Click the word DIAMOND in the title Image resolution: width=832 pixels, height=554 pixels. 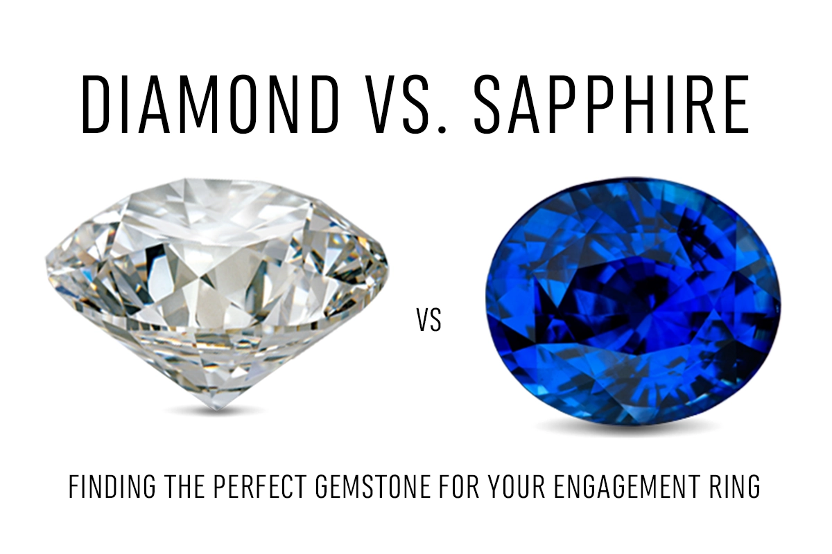[x=210, y=104]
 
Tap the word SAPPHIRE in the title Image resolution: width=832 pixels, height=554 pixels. [x=612, y=104]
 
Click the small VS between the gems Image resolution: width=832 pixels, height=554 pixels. [x=429, y=321]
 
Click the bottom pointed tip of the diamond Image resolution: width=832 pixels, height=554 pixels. [x=216, y=410]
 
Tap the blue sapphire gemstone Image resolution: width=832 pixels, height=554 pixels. [x=633, y=301]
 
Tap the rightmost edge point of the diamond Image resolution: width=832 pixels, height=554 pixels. [x=389, y=268]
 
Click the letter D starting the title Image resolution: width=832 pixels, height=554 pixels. [x=96, y=104]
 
